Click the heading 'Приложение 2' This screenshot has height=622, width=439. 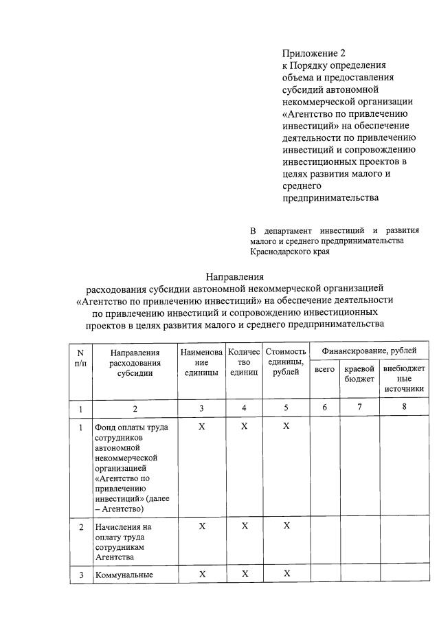[310, 53]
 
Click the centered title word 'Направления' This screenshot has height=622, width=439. [234, 277]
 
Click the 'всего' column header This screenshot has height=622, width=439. [324, 370]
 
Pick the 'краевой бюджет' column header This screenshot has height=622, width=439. [359, 374]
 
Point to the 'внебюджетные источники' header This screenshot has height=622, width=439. [403, 379]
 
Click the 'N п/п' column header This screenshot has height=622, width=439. [80, 357]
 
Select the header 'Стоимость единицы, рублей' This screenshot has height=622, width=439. [286, 362]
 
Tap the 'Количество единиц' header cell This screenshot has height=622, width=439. [244, 362]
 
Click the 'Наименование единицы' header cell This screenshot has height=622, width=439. [201, 362]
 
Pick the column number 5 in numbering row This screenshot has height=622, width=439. [286, 408]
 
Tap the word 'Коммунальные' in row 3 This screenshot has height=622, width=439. [124, 575]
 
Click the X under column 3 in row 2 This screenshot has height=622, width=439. [201, 526]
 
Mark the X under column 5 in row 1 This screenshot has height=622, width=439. [286, 427]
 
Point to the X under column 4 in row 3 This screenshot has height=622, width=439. [244, 574]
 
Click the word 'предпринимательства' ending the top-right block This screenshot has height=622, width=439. [330, 199]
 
